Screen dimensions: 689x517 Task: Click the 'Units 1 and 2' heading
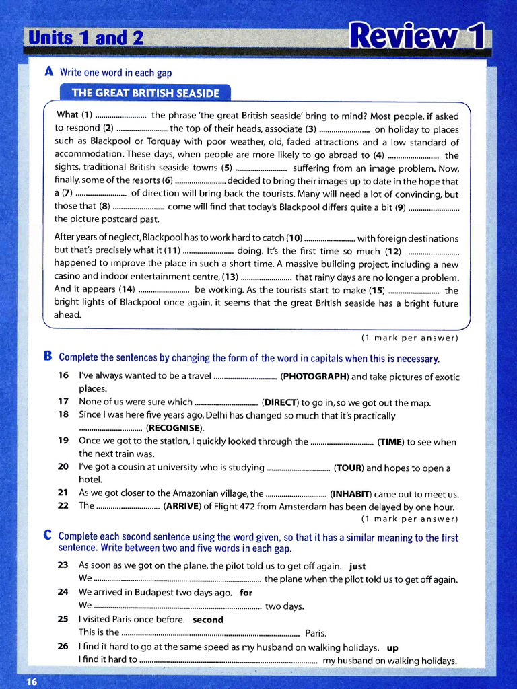tap(84, 38)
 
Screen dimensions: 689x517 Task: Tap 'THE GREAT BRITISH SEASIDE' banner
tap(145, 93)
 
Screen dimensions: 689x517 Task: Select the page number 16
tap(31, 682)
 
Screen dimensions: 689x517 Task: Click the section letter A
tap(48, 72)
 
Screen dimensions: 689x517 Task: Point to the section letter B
tap(48, 357)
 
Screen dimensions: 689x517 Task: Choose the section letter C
tap(48, 536)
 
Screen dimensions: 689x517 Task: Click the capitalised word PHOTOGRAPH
tap(314, 377)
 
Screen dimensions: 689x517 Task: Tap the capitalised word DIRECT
tap(281, 403)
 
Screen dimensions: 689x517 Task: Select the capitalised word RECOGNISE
tap(174, 428)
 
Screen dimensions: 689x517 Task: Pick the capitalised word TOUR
tap(350, 468)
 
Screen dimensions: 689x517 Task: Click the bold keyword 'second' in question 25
tap(208, 620)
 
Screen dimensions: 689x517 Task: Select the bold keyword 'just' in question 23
tap(357, 566)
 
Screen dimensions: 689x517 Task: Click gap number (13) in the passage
tap(230, 277)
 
